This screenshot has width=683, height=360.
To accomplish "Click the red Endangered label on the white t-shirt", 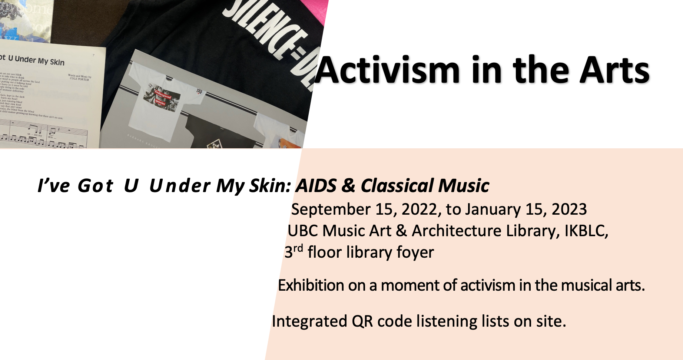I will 163,95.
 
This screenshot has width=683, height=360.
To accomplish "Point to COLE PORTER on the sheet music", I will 79,79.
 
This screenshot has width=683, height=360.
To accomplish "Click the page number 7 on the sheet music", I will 93,55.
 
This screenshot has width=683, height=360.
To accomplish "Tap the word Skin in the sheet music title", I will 57,62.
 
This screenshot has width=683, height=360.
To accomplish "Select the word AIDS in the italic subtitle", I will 316,186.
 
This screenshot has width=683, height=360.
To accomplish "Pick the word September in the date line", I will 331,210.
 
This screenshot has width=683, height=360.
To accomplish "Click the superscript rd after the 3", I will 298,248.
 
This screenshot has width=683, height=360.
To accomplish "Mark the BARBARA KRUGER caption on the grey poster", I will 142,141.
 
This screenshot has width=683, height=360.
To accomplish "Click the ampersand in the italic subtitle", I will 348,186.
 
